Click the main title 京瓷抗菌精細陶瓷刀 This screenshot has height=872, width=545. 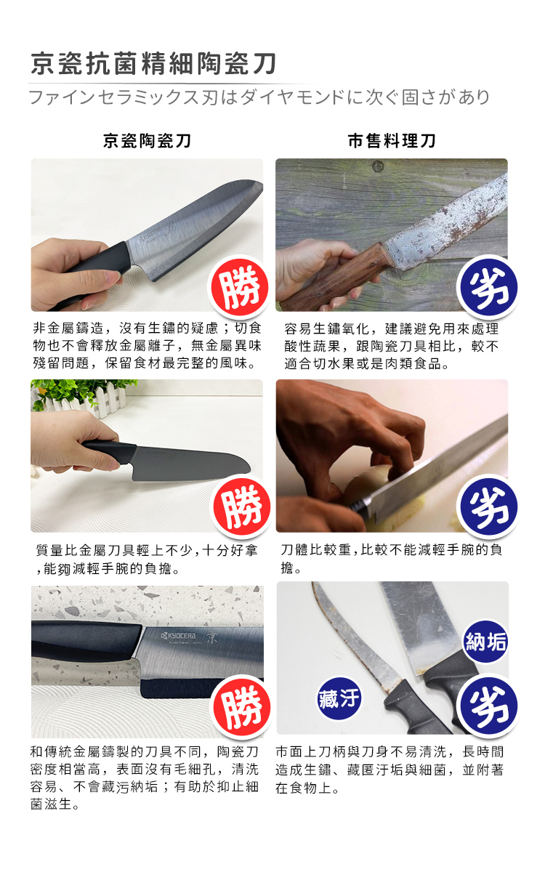click(x=153, y=63)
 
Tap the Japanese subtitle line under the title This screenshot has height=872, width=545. click(x=259, y=97)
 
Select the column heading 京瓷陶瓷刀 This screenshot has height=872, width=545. click(x=147, y=140)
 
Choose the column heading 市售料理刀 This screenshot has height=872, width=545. click(x=392, y=140)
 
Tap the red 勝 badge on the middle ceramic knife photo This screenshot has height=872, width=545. click(x=242, y=506)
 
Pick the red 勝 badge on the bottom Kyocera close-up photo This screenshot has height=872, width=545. click(x=242, y=706)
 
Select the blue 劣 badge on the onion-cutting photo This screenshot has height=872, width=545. click(x=488, y=506)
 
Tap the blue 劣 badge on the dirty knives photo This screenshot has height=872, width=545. click(x=488, y=706)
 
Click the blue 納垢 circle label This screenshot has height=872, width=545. click(x=486, y=641)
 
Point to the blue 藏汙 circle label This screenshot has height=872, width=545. click(x=339, y=698)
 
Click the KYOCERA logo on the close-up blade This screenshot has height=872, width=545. click(x=179, y=636)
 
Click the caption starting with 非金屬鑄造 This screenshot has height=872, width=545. click(x=147, y=346)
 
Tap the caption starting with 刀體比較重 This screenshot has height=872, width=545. click(x=391, y=559)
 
